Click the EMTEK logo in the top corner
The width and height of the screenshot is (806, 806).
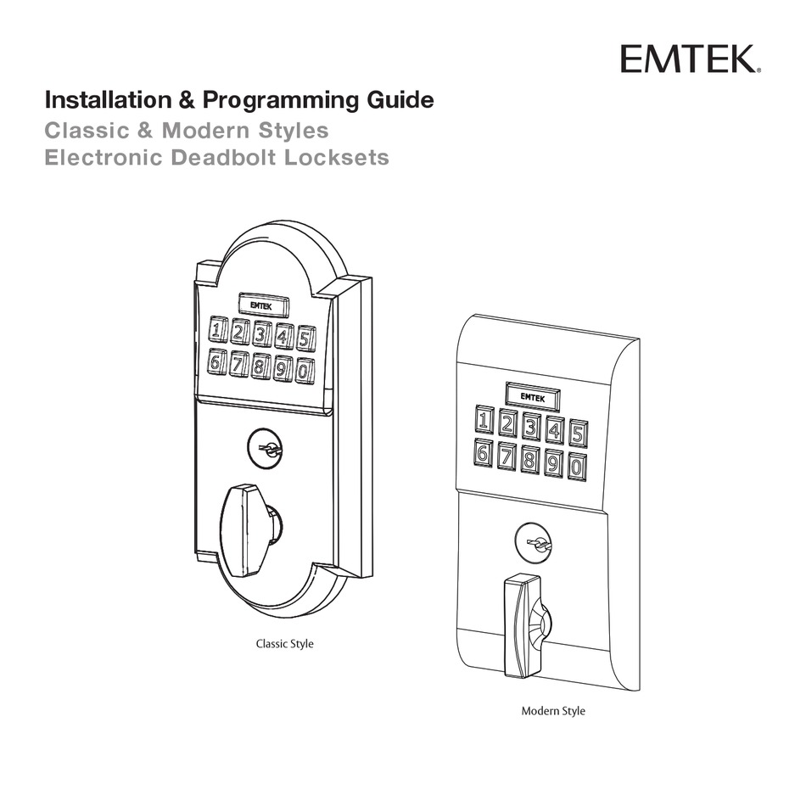(x=691, y=59)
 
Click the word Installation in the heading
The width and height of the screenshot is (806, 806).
(x=108, y=100)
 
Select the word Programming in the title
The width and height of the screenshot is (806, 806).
(x=281, y=101)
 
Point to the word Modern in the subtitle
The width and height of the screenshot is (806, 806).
(x=206, y=131)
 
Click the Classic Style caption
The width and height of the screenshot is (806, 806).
(x=285, y=644)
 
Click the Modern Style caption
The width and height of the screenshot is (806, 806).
(x=553, y=711)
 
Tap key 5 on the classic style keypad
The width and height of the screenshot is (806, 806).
(x=305, y=339)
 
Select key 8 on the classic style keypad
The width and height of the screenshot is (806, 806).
(x=260, y=367)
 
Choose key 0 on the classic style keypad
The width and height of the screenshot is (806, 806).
(x=305, y=371)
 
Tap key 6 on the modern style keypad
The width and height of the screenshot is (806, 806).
(x=484, y=453)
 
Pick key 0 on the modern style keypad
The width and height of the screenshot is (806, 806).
(x=577, y=467)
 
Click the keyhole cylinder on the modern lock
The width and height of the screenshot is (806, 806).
(x=534, y=543)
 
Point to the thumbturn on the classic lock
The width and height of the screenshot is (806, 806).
(x=247, y=530)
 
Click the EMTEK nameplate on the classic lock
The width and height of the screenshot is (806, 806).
(x=264, y=305)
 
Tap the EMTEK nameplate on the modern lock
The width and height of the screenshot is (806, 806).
(x=533, y=396)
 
